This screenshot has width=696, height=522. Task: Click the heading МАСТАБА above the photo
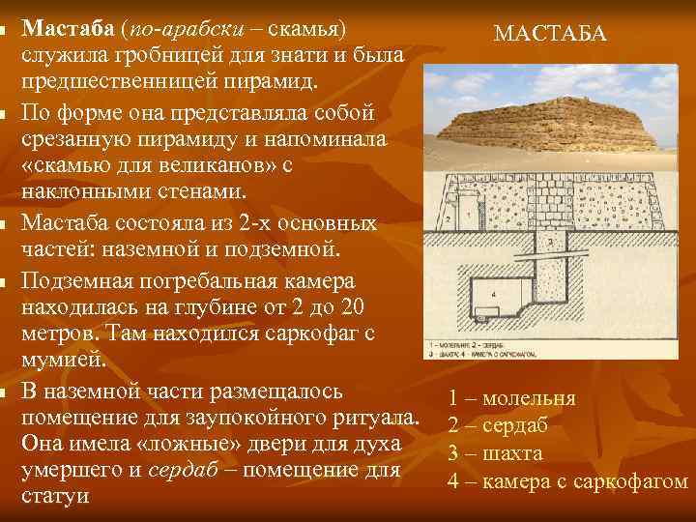[550, 34]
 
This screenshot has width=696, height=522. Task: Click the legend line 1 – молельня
[511, 398]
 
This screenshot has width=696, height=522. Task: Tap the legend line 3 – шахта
[495, 452]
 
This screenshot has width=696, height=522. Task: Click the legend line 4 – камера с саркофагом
[567, 480]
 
